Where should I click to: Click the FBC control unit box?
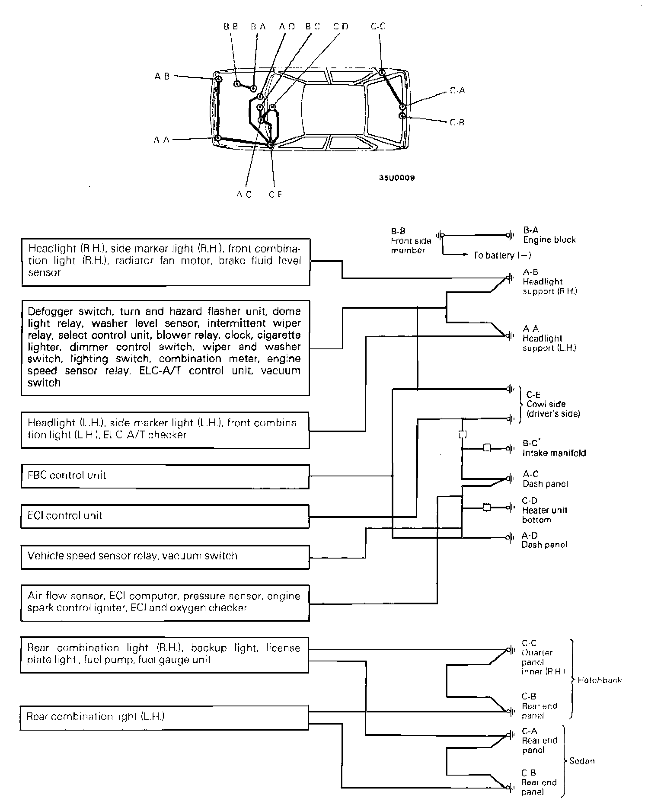tap(165, 476)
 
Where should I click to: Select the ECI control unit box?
tap(165, 516)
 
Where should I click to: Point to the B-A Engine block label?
tap(549, 235)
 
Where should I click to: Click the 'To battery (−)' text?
tap(502, 255)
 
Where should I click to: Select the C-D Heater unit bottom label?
tap(544, 510)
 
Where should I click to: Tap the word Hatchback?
tap(599, 680)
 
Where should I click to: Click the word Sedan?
tap(582, 761)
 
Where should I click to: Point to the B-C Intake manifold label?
tap(554, 448)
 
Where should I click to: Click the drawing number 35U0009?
tap(397, 178)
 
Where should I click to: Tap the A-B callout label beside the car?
tap(162, 77)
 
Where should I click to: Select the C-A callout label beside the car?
tap(457, 91)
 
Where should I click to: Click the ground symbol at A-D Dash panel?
tap(511, 537)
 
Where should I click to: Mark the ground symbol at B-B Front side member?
tap(440, 236)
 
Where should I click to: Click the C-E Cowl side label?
tap(552, 404)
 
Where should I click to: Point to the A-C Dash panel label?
tap(545, 479)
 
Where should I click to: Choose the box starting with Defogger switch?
tap(165, 348)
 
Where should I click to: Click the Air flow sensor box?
tap(165, 603)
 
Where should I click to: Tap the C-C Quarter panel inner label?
tap(543, 658)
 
